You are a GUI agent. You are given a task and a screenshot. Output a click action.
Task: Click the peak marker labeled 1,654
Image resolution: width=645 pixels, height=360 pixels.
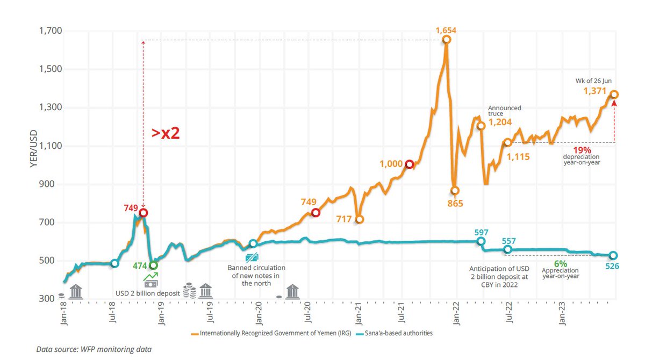446,40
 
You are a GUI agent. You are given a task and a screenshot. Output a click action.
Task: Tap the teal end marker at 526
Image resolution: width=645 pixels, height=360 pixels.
613,256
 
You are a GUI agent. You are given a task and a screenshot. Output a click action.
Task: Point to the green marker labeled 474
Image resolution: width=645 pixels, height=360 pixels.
154,265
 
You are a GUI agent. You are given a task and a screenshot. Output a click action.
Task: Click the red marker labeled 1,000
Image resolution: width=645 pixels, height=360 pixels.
409,164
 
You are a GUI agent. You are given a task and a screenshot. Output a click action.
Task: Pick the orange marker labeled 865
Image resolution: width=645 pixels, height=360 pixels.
455,191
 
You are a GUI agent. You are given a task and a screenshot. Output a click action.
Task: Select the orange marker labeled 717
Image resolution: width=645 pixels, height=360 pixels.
359,219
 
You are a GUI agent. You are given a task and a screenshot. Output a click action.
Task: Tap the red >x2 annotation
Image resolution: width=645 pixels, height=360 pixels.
164,133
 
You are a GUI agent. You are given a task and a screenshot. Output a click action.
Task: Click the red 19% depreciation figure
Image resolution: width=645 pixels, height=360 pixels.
582,150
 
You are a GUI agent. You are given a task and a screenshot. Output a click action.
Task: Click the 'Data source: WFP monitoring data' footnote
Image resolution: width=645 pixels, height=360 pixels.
94,350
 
